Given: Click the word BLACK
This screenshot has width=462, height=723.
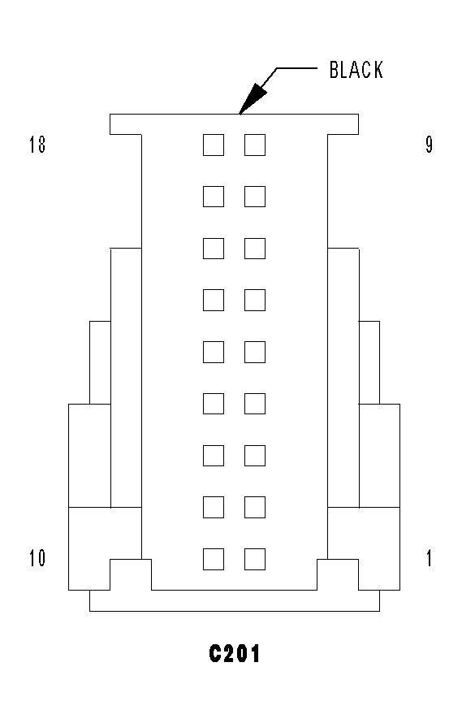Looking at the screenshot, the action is [x=356, y=70].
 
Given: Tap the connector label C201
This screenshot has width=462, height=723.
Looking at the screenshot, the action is [x=234, y=653].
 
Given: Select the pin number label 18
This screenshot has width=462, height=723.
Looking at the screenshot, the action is [x=37, y=145].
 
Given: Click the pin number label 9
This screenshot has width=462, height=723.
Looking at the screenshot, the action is [x=430, y=145].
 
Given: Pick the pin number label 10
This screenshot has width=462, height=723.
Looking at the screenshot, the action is [x=37, y=558].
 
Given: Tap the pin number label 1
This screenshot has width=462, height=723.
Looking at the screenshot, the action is [x=430, y=558].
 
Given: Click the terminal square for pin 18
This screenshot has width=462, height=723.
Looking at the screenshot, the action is [x=214, y=145].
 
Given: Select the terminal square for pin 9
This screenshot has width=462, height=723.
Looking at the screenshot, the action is [x=255, y=145].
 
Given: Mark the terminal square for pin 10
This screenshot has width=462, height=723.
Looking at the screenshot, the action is [x=214, y=560].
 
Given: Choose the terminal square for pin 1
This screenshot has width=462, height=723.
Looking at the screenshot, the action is [x=255, y=560].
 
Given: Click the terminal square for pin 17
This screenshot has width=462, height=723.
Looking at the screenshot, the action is [x=214, y=197].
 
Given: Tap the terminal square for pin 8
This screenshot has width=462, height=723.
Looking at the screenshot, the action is [x=255, y=197].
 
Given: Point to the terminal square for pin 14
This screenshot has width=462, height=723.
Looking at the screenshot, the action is [x=214, y=353].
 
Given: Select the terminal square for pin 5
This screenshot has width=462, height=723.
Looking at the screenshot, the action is [x=255, y=353].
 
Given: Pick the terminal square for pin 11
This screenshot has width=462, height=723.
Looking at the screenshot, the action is [x=214, y=507].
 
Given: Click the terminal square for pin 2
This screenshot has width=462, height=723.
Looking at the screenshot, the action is [x=255, y=507].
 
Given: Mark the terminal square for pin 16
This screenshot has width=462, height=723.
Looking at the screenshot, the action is [x=214, y=249].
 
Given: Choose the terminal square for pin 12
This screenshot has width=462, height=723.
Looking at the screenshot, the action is [x=214, y=456].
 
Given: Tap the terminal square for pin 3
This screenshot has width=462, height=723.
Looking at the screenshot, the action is [x=255, y=456].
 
